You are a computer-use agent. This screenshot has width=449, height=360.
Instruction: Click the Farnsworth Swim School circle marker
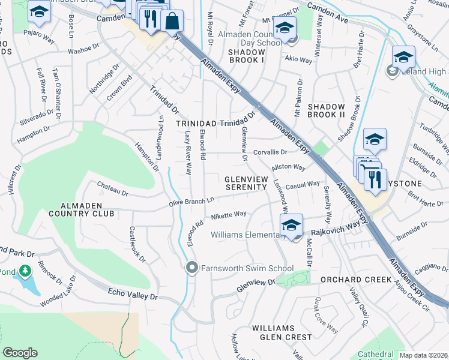192,268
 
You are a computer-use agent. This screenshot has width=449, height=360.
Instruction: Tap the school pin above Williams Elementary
291,226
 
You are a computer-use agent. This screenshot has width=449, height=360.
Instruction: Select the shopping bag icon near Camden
172,22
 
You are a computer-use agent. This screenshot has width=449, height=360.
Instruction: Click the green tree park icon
25,272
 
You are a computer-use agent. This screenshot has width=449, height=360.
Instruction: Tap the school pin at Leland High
403,58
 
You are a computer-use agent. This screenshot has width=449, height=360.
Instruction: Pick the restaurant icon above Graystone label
375,179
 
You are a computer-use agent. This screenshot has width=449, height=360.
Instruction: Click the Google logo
20,353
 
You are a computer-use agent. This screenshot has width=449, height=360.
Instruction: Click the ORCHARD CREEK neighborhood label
351,280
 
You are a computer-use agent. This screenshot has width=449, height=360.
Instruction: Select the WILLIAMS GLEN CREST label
273,332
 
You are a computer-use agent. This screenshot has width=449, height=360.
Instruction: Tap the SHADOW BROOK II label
326,110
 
